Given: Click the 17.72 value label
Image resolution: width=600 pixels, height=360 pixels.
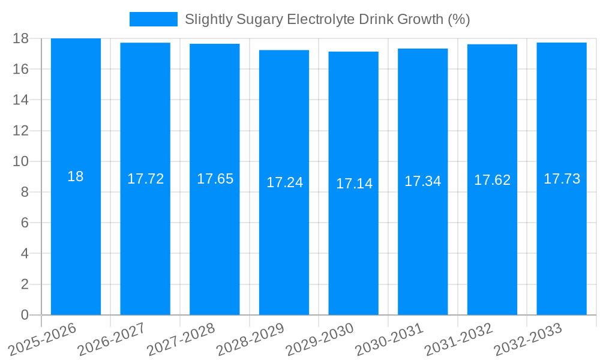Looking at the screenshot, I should (145, 179).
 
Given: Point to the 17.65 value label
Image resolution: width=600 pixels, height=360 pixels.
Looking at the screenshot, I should (215, 179).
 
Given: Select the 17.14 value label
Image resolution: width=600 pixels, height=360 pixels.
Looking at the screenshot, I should (354, 184).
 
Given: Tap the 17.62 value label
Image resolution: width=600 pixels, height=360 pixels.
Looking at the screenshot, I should (492, 180).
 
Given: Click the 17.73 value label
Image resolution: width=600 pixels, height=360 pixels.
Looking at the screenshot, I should (562, 179).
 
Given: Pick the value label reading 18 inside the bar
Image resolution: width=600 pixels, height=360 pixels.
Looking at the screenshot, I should (76, 176).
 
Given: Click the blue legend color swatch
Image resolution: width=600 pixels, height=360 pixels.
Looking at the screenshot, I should (154, 19).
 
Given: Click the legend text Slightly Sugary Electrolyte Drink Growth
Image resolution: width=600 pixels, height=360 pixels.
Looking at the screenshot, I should (327, 19).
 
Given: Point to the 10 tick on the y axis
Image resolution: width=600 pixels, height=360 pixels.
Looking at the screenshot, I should (20, 161).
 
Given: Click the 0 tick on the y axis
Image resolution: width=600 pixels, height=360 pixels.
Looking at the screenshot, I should (25, 315).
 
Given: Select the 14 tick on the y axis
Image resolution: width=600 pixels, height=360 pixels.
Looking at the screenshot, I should (20, 100).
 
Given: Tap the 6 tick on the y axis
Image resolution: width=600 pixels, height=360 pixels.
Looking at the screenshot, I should (25, 223).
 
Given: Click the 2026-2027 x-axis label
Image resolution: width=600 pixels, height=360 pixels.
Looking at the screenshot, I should (112, 340).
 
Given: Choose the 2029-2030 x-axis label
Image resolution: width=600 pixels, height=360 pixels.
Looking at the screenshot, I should (320, 340).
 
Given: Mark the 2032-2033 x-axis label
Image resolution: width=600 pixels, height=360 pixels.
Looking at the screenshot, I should (528, 340).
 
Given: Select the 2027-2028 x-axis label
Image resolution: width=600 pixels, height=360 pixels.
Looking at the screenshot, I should (181, 340).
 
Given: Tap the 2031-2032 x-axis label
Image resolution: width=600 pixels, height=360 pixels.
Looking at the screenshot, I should (459, 340).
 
